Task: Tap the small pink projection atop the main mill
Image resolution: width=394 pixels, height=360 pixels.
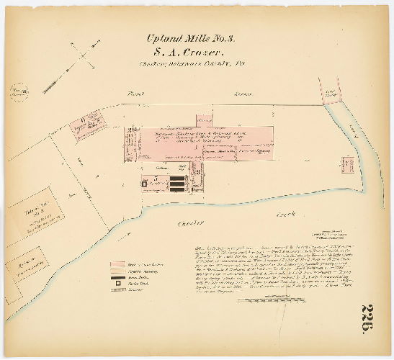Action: click(204, 117)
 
